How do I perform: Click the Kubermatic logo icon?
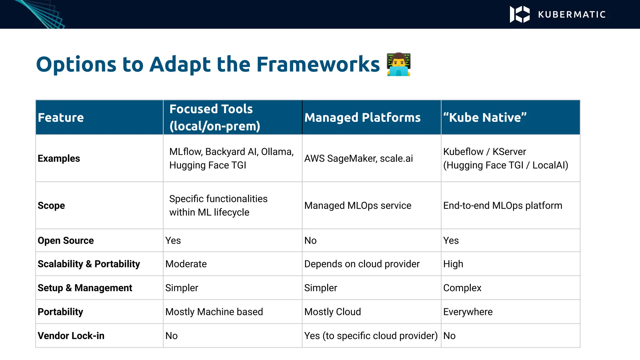point(519,14)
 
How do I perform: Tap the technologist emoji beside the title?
point(398,65)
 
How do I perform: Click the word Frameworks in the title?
point(318,65)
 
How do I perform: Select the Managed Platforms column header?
point(362,117)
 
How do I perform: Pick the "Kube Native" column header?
point(485,117)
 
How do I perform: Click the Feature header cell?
point(61,117)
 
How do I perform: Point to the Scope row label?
point(51,206)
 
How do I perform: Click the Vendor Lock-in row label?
point(71,336)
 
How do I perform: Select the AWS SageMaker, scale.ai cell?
point(358,158)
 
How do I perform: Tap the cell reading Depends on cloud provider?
point(362,264)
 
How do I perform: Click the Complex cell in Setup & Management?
point(462,288)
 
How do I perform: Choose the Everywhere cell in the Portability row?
point(468,312)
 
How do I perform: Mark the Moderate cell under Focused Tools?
point(186,264)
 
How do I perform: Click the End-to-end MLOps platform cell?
point(502,206)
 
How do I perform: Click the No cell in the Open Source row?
point(310,241)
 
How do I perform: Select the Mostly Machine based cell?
point(214,312)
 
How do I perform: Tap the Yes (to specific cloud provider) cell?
point(371,336)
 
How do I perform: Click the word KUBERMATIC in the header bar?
point(572,15)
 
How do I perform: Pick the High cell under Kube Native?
point(453,264)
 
